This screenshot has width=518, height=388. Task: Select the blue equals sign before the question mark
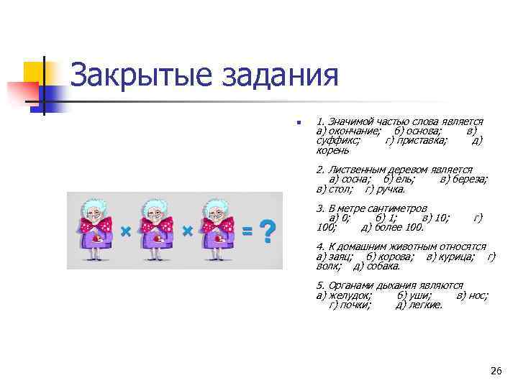[247, 231]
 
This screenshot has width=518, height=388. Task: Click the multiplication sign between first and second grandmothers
[125, 231]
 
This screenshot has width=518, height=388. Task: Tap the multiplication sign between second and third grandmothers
[186, 231]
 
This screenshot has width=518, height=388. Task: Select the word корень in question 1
[332, 150]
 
